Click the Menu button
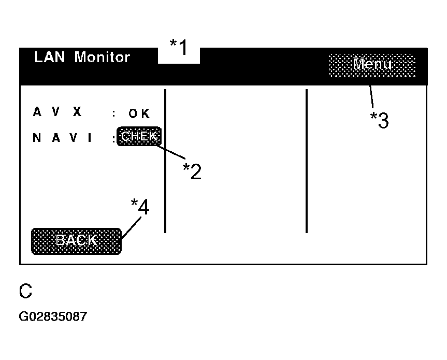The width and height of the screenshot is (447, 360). click(x=372, y=65)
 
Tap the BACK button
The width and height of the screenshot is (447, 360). click(x=76, y=241)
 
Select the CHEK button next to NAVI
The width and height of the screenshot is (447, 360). click(x=139, y=137)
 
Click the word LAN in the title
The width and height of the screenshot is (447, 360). click(x=50, y=57)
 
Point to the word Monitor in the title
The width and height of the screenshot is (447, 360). click(x=102, y=57)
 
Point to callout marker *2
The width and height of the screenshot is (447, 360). click(x=192, y=170)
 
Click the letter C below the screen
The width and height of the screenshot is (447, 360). click(x=26, y=292)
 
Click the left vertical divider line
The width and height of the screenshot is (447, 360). click(x=165, y=161)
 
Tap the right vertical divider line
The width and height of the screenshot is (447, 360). click(x=306, y=161)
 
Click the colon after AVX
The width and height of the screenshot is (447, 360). click(x=114, y=113)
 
